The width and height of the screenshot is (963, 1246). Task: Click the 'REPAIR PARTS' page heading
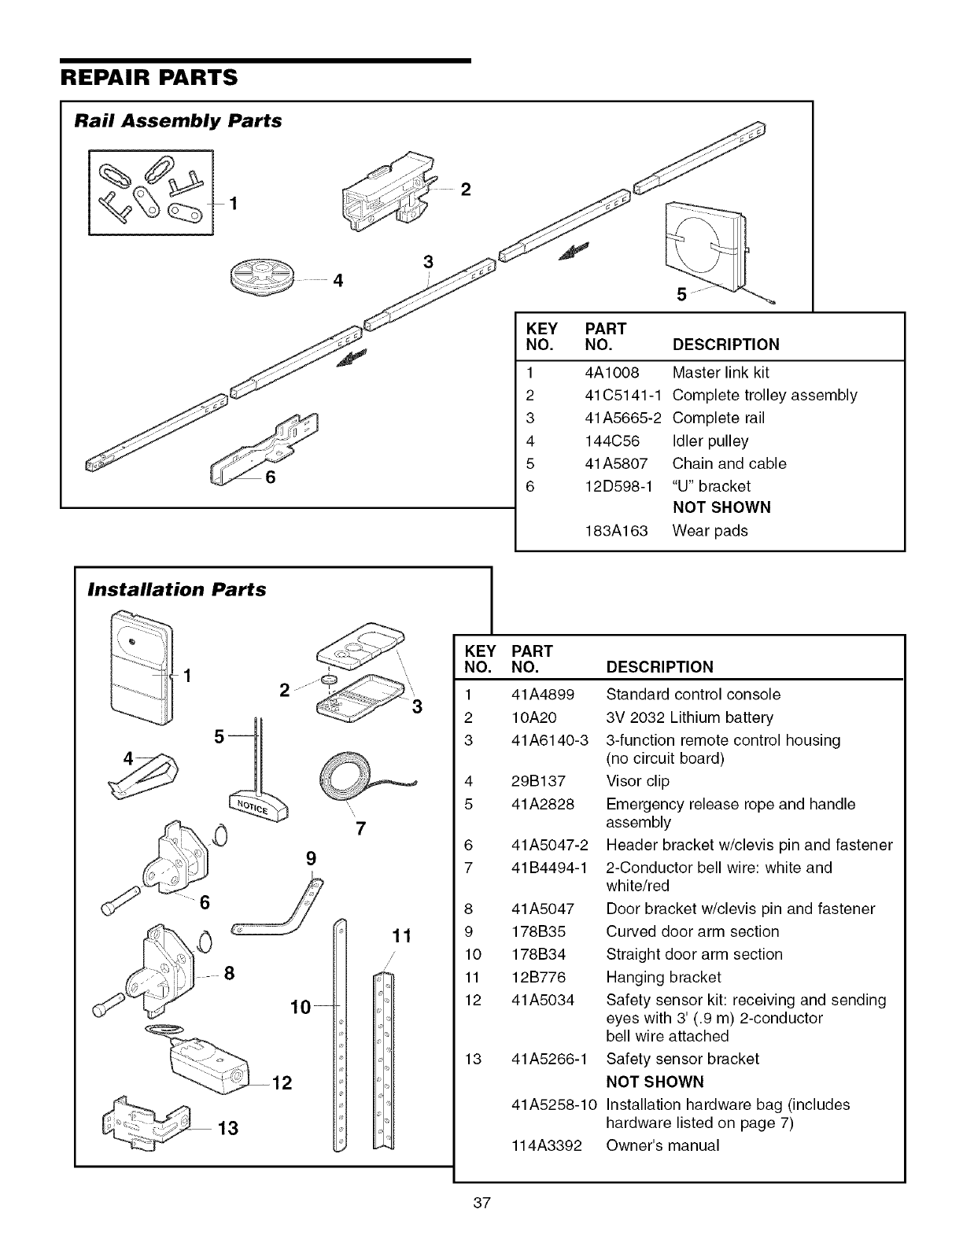click(x=149, y=78)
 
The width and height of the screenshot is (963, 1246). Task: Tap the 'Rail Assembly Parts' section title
click(x=178, y=121)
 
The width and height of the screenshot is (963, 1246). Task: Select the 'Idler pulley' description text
click(x=710, y=441)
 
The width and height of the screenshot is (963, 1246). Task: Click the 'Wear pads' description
click(x=710, y=530)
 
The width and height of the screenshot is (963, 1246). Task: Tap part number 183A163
click(x=617, y=530)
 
